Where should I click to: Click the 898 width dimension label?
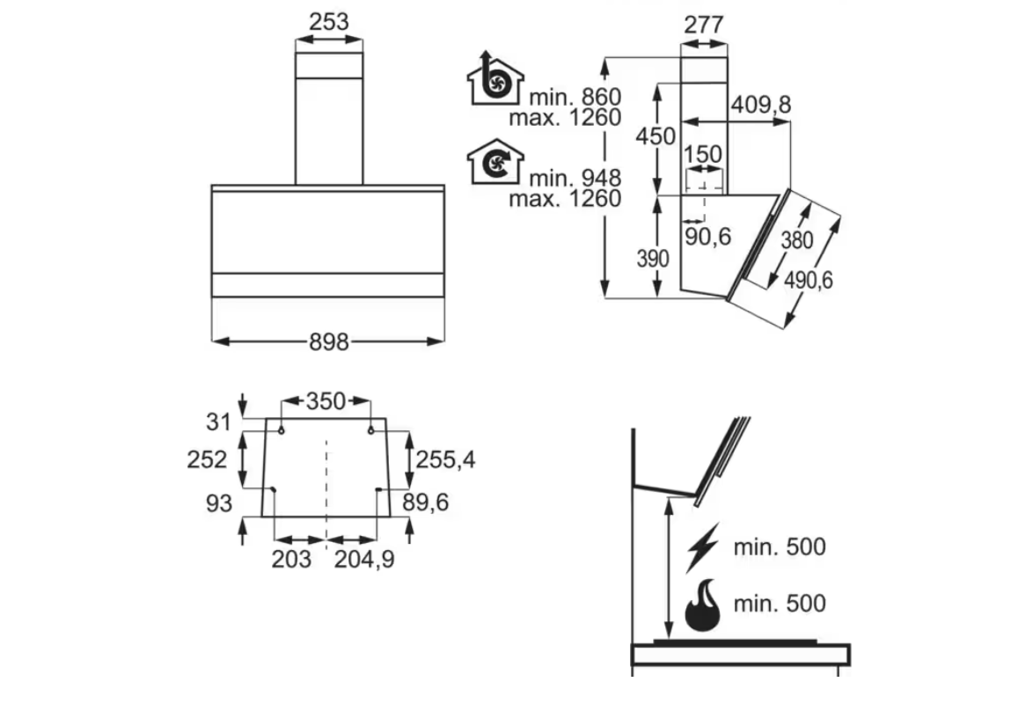click(x=329, y=341)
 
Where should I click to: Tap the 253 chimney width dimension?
click(x=329, y=22)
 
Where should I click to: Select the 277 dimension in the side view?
click(x=704, y=25)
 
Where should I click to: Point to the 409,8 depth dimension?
click(x=761, y=105)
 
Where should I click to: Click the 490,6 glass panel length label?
click(x=809, y=280)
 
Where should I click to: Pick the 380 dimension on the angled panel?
click(x=796, y=240)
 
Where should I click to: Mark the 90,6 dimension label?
click(x=707, y=236)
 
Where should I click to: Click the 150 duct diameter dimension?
click(x=702, y=154)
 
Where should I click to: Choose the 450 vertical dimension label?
click(x=656, y=136)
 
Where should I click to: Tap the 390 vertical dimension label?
click(x=653, y=259)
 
